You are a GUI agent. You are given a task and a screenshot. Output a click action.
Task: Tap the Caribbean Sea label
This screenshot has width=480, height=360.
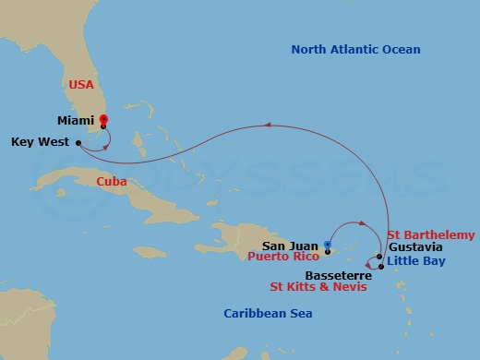tap(267, 314)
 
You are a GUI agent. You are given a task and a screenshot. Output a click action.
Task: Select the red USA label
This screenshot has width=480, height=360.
tap(80, 84)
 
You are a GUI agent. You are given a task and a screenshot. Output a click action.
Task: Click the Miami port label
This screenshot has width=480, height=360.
tap(76, 119)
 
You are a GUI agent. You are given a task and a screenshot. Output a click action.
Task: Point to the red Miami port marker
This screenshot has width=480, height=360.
tap(103, 120)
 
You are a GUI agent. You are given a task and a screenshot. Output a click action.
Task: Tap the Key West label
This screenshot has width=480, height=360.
tap(41, 142)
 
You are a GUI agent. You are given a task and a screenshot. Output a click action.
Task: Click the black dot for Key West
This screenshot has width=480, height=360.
tap(80, 142)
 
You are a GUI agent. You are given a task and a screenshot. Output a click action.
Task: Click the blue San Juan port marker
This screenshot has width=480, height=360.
tap(328, 245)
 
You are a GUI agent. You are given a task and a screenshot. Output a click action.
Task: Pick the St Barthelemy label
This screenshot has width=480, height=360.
tap(431, 235)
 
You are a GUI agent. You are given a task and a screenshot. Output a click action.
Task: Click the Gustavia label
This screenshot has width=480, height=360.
tap(415, 247)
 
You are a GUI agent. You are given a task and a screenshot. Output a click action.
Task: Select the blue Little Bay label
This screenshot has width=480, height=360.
tap(419, 261)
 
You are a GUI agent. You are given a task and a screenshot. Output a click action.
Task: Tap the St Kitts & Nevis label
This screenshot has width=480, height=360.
tap(318, 287)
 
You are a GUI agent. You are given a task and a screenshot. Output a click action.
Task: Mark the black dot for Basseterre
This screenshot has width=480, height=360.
tap(381, 266)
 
